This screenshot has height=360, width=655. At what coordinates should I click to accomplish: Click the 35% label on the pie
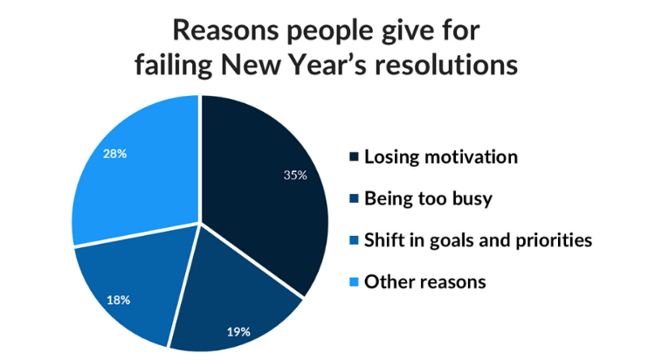pos(295,175)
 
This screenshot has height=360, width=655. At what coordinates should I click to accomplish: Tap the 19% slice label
pos(238,332)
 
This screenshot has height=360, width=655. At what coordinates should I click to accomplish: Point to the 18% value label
pos(118,301)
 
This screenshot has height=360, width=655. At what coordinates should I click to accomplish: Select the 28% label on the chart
pos(115,155)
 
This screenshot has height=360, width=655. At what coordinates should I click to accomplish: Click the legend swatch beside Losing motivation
pos(354,157)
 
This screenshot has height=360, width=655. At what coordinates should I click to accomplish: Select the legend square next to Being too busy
pos(354,198)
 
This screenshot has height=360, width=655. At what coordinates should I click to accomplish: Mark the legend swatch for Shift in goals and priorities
pos(354,240)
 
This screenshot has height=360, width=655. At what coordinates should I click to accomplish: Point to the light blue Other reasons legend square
pos(354,282)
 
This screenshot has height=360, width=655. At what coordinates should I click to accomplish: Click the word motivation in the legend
pos(472,157)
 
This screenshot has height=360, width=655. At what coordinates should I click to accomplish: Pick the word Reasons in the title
pos(225,31)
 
